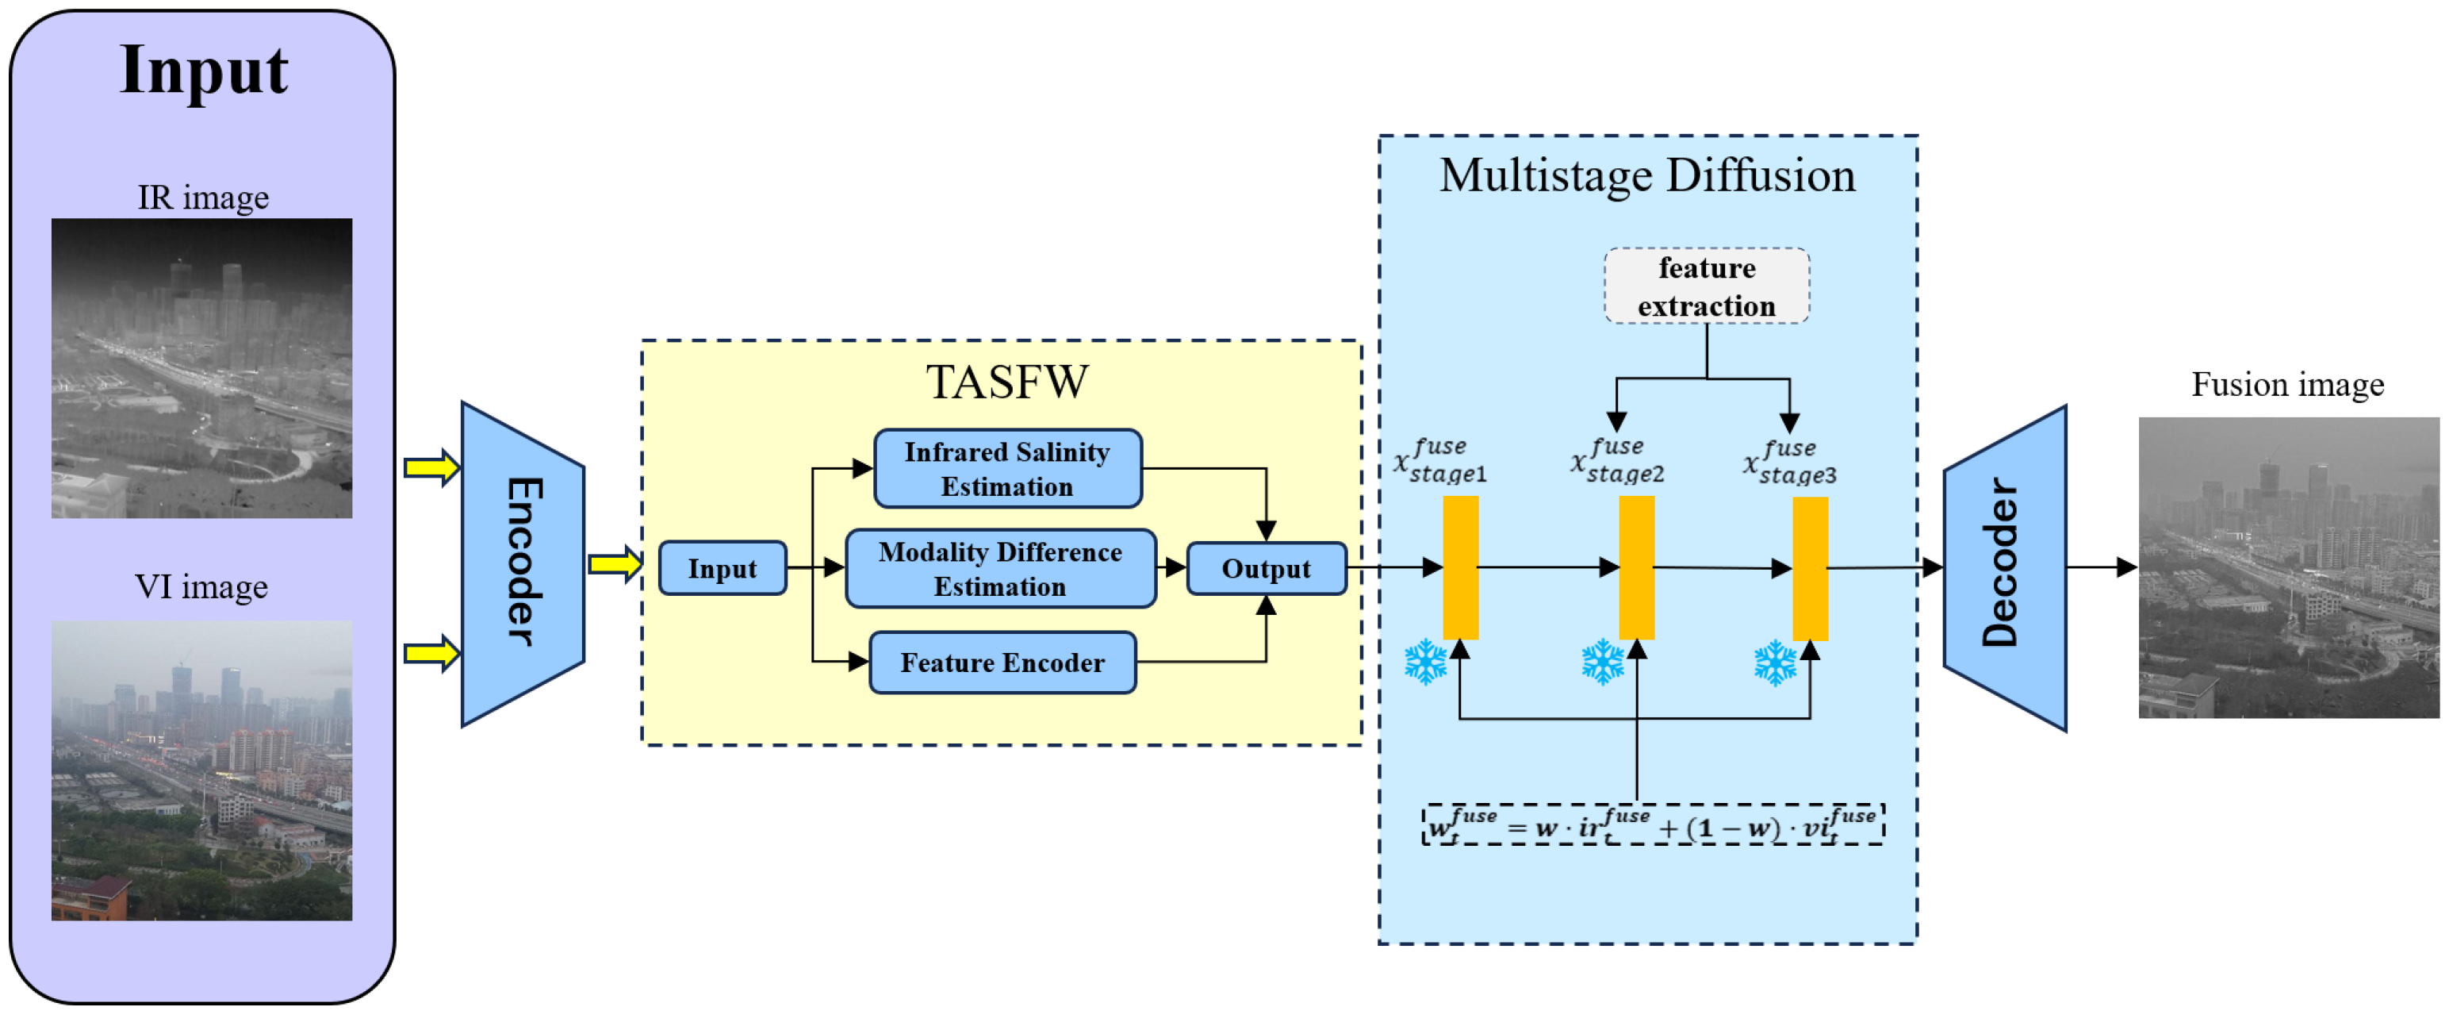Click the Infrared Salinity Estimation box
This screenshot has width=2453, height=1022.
1007,469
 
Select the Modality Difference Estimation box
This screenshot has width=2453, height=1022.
1001,569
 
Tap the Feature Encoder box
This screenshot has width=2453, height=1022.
1002,662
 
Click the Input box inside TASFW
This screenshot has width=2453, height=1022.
722,569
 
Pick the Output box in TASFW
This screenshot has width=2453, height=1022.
1267,569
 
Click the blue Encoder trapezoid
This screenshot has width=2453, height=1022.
523,564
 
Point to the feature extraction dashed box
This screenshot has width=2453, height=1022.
1707,286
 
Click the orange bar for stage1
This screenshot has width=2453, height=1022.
1461,567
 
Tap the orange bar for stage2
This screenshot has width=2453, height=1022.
1637,567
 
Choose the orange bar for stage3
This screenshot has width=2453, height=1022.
1811,569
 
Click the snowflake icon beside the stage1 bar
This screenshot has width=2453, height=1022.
1425,663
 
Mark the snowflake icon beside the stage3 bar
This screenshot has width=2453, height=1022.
1776,663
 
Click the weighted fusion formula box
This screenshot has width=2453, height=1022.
1653,825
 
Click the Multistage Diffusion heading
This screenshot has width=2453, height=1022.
1647,176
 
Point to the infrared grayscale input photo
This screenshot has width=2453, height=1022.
202,369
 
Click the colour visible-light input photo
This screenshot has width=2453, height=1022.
202,770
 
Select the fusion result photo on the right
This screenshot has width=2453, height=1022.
2289,567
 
